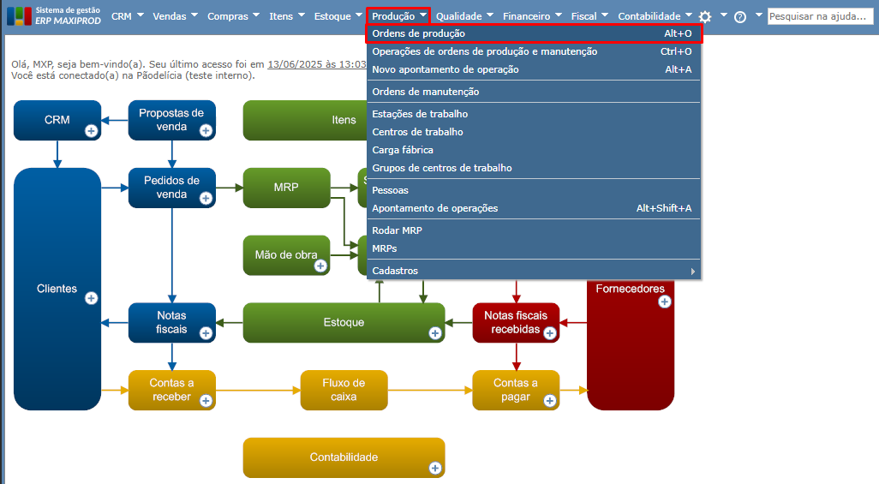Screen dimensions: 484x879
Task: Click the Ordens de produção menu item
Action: (x=419, y=33)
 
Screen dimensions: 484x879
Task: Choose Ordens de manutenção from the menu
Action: (x=426, y=92)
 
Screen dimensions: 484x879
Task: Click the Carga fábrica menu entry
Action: (x=403, y=150)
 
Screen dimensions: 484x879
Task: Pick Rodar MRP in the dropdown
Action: (x=398, y=230)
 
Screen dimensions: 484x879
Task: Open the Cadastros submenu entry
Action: (x=396, y=271)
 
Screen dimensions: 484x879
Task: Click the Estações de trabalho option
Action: (x=420, y=114)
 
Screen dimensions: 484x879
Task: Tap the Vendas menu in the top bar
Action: (x=170, y=16)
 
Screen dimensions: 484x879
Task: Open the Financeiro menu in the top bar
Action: (x=527, y=16)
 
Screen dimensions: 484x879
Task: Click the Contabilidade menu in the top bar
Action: (x=649, y=16)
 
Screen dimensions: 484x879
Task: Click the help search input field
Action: (x=820, y=16)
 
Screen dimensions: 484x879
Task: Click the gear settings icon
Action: (x=705, y=16)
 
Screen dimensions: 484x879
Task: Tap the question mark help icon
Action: (x=740, y=16)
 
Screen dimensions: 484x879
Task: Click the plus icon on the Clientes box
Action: (x=92, y=298)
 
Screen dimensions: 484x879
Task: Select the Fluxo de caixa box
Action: (x=344, y=390)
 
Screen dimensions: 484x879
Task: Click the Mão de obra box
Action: (x=286, y=254)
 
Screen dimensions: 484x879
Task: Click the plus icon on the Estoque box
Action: (x=435, y=333)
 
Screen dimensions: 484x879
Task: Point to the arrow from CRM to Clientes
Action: (x=57, y=154)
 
